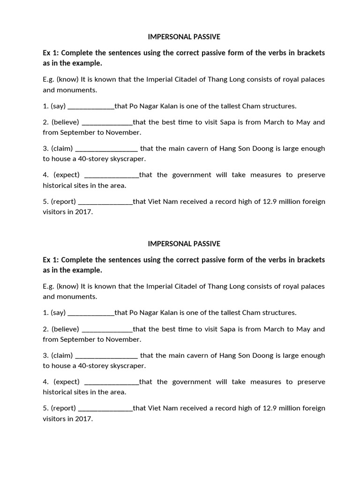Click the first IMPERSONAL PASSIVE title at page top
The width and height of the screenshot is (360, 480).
184,37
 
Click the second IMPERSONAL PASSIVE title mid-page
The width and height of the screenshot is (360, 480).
184,244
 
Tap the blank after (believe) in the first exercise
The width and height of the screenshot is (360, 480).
107,122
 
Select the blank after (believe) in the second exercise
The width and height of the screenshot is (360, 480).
107,329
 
